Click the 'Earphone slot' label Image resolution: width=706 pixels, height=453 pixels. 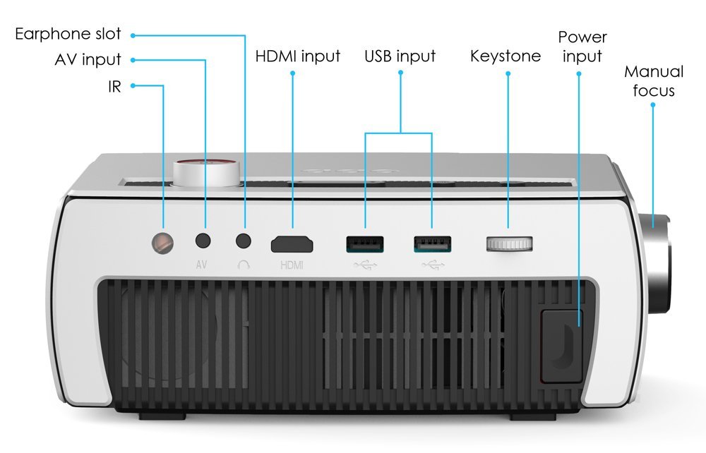pos(68,34)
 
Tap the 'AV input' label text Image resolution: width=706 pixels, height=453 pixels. pos(88,60)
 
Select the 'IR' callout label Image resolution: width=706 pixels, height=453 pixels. pos(114,86)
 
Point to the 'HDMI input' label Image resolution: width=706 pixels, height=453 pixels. pos(297,56)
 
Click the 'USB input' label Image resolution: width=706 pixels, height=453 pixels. pos(400,56)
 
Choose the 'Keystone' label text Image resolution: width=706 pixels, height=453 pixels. pos(505,56)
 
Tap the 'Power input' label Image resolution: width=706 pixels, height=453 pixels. pos(582,47)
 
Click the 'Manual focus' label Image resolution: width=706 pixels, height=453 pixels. pos(654,80)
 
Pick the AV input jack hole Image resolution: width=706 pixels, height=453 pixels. pos(204,241)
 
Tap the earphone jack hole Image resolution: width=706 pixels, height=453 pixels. pos(244,241)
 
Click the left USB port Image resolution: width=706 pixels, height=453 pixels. pos(364,244)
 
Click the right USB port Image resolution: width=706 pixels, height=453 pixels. pos(432,244)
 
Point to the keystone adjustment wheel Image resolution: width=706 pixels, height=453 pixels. pos(509,244)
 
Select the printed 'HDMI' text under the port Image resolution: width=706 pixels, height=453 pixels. pos(292,265)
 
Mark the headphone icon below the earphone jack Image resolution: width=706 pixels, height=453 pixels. pos(244,265)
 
